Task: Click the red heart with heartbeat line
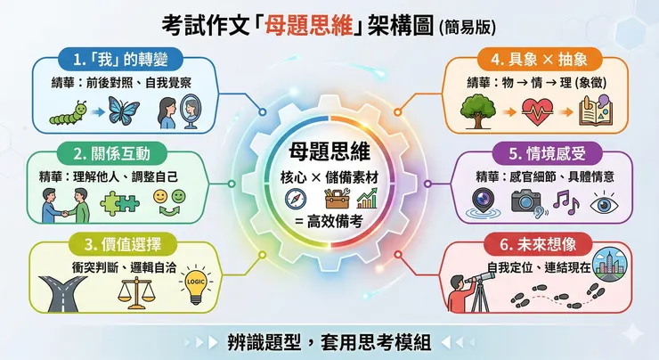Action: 537,110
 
